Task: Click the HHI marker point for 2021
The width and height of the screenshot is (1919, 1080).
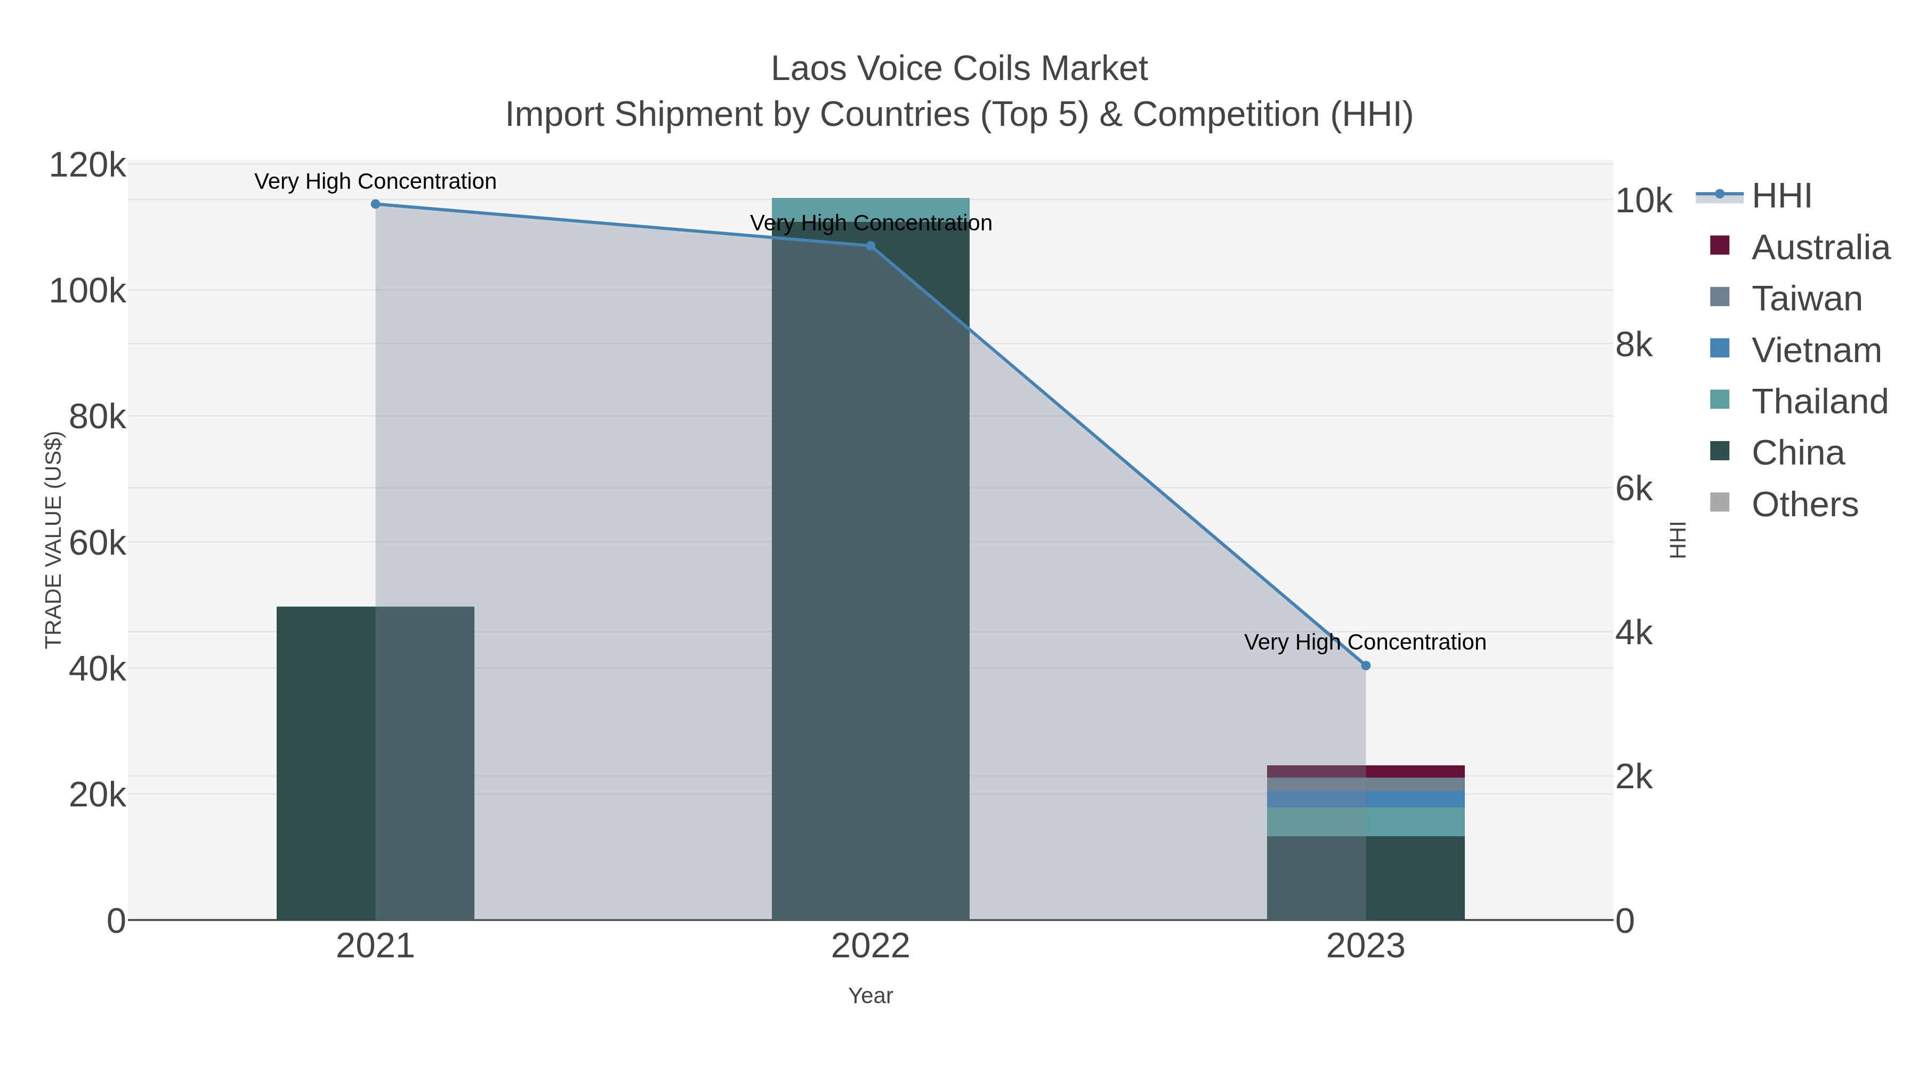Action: [x=375, y=204]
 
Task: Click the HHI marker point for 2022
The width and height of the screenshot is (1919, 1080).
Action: [x=870, y=246]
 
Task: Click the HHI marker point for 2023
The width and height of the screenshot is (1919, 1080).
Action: [x=1366, y=666]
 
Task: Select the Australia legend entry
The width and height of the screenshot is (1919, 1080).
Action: [x=1819, y=247]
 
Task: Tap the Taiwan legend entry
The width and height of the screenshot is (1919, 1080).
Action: [x=1806, y=299]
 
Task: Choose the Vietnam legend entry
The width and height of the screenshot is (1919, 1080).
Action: [x=1816, y=350]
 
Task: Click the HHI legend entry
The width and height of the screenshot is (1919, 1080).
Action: [x=1780, y=196]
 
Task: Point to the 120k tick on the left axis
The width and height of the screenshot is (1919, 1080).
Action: [x=87, y=165]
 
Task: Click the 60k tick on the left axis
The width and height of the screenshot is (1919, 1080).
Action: [x=97, y=543]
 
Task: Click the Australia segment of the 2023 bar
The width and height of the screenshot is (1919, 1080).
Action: [x=1366, y=771]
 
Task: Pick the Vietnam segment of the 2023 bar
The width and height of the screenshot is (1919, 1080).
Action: [x=1366, y=799]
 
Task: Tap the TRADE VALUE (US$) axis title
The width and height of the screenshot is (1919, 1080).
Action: [x=54, y=540]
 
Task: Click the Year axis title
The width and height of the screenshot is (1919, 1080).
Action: [x=870, y=996]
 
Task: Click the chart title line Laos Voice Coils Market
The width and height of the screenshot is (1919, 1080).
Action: [x=959, y=69]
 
